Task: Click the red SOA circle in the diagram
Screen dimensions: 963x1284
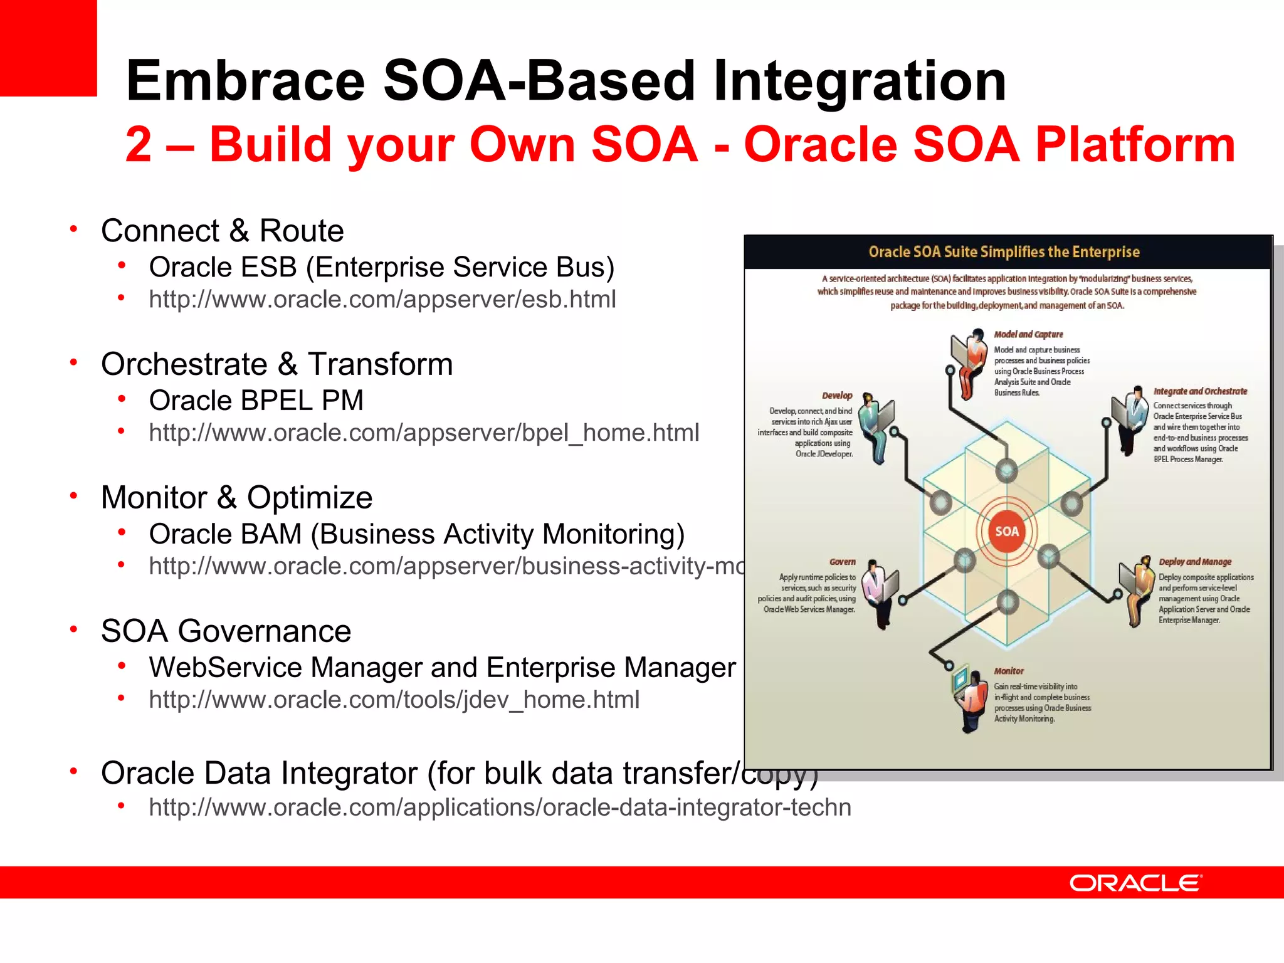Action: tap(1007, 531)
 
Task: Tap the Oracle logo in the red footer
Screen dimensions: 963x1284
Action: tap(1135, 883)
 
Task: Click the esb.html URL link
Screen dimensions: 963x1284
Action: tap(382, 299)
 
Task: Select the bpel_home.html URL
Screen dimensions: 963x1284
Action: tap(424, 433)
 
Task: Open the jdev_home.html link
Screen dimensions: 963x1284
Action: tap(394, 700)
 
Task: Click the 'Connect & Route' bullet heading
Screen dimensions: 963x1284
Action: tap(222, 231)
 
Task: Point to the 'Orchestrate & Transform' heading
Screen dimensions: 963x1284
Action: tap(276, 364)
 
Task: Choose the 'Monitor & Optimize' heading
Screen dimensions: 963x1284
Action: tap(236, 498)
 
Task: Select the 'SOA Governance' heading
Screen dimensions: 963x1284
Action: tap(226, 631)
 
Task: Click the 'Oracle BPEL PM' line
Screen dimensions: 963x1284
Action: tap(256, 401)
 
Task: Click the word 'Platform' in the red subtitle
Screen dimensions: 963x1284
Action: tap(1135, 145)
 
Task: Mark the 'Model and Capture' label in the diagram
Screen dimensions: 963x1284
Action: tap(1028, 334)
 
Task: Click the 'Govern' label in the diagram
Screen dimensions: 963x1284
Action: tap(842, 562)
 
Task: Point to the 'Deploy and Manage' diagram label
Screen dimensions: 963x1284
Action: tap(1195, 562)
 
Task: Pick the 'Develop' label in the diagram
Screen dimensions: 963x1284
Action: tap(837, 396)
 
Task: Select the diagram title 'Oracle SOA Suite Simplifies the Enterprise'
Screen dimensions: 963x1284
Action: tap(1004, 252)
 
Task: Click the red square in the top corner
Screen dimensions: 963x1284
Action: tap(48, 48)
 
